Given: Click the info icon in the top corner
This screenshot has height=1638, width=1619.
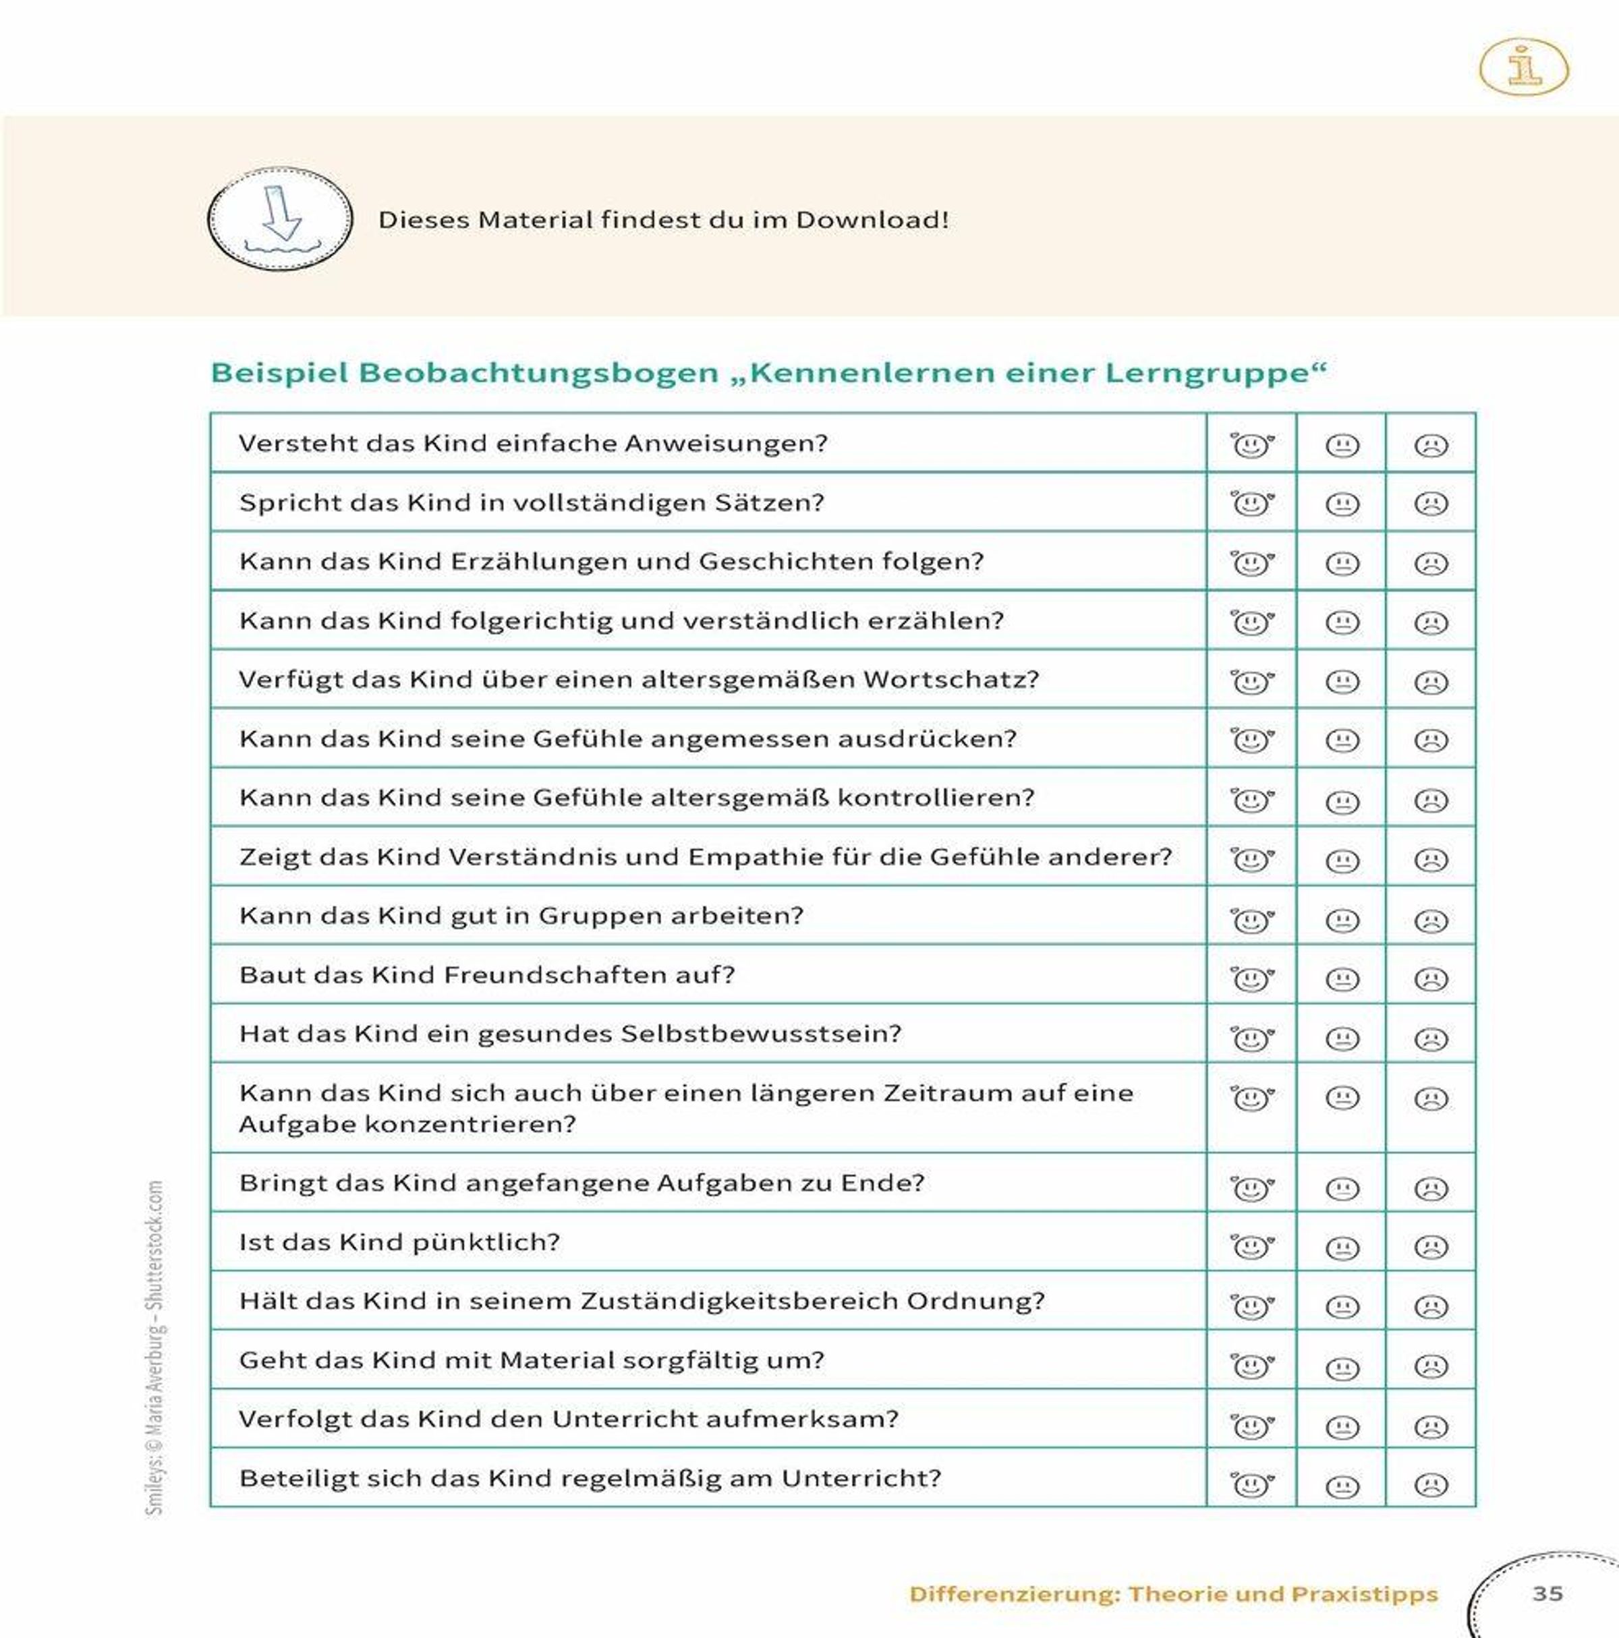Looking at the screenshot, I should [1523, 66].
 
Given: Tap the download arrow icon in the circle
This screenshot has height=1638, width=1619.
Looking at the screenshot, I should [280, 218].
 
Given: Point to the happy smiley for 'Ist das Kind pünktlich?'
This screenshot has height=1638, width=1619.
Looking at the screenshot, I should [1251, 1247].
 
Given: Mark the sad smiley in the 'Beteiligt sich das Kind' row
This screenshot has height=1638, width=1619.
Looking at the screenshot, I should [1431, 1484].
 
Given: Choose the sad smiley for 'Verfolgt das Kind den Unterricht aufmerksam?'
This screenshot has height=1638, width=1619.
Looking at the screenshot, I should [1431, 1427].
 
